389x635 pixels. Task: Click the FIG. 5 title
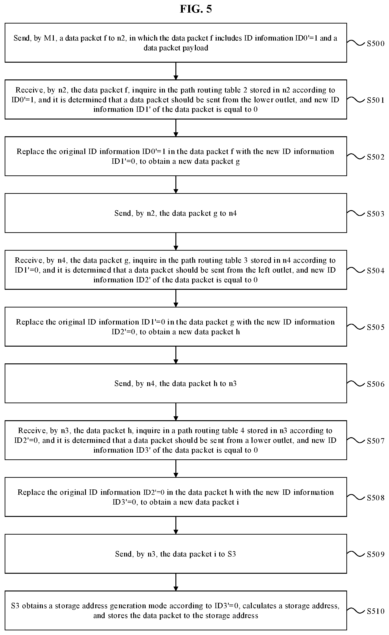[x=196, y=9]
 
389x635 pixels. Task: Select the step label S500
[x=375, y=44]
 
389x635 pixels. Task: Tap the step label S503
[x=375, y=214]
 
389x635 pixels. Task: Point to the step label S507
[x=375, y=441]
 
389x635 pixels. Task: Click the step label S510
[x=375, y=611]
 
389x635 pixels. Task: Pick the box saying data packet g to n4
[x=176, y=213]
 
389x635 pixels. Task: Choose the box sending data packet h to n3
[x=176, y=383]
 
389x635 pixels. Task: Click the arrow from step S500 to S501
[x=176, y=71]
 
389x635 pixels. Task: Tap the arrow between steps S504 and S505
[x=176, y=298]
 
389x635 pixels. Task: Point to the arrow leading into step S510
[x=176, y=582]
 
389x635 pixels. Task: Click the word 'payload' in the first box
[x=195, y=48]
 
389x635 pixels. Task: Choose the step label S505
[x=375, y=327]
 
